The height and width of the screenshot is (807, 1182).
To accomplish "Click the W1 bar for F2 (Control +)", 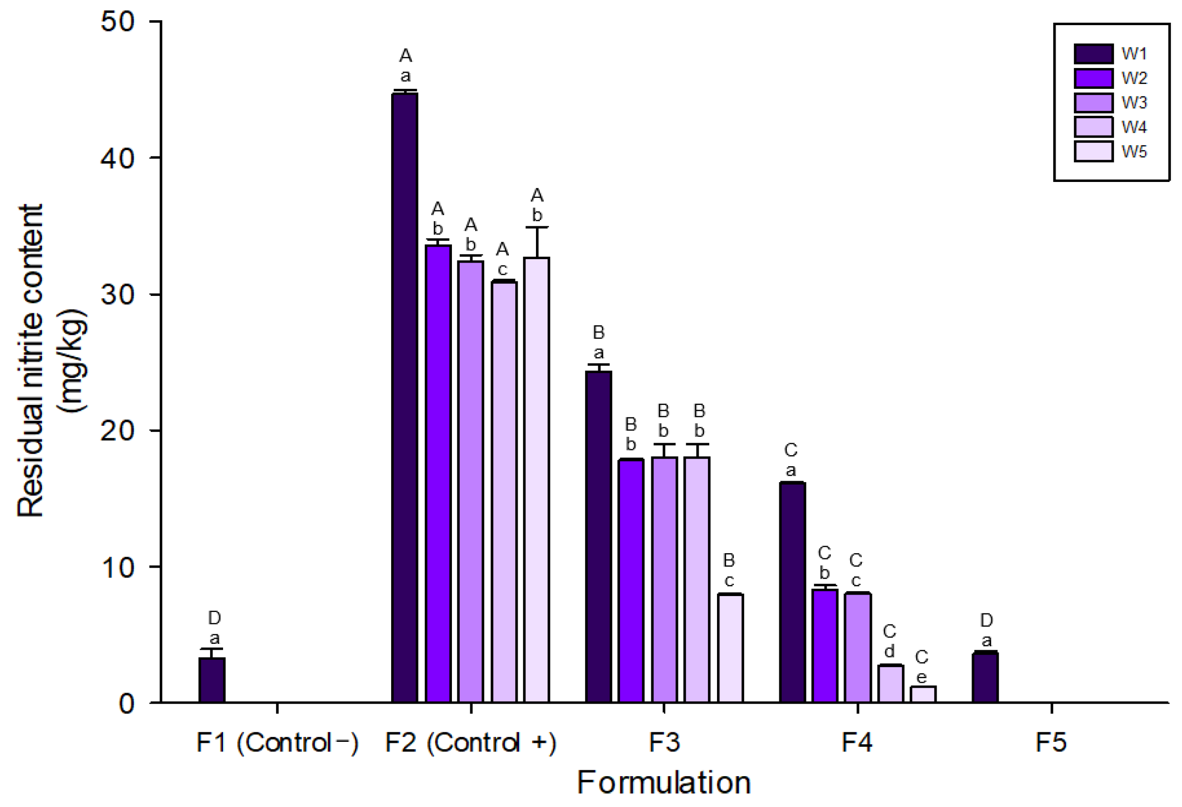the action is (x=405, y=398).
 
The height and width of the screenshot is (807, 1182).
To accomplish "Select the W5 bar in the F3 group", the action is (x=731, y=648).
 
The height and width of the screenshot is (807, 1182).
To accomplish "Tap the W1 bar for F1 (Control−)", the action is (x=212, y=681).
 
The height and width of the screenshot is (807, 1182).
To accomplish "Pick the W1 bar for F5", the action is (x=985, y=678).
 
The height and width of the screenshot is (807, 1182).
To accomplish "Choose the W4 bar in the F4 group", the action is (x=890, y=684).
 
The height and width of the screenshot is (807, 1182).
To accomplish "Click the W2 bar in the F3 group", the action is (x=631, y=581).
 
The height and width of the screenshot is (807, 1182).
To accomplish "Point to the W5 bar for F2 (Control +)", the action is (x=536, y=481).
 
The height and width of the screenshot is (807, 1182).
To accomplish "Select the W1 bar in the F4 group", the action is (x=792, y=593).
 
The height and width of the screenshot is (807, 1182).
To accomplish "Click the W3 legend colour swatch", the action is (x=1094, y=103).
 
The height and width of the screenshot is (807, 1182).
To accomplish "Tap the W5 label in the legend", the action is (x=1134, y=152).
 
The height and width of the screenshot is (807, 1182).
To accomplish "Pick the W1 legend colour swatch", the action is (x=1094, y=54).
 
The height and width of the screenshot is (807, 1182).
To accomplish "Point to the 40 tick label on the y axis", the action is (x=117, y=158).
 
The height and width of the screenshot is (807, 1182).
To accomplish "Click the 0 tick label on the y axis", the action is (x=127, y=704).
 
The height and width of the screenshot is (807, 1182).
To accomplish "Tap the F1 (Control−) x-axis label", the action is (x=277, y=742).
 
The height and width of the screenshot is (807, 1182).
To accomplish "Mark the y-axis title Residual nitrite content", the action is (x=30, y=361).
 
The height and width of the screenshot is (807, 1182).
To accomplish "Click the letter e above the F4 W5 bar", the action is (x=922, y=677).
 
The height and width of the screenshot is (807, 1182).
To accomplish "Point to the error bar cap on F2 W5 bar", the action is (x=536, y=227).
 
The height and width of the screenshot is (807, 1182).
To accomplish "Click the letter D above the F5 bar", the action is (x=986, y=620).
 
